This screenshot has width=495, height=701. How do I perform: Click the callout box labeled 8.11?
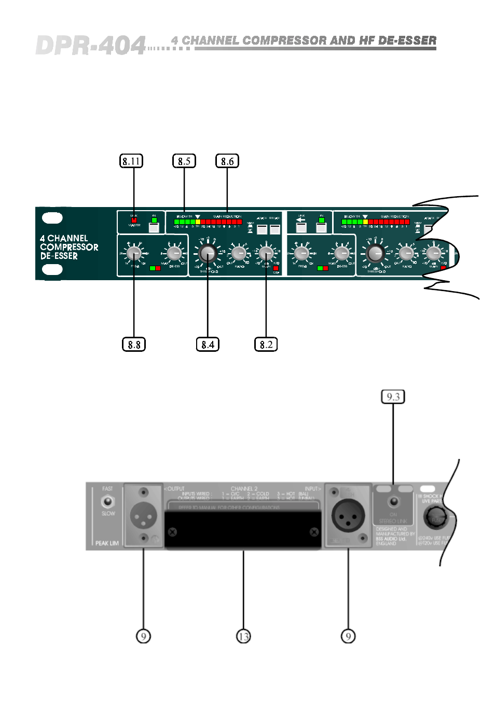[131, 161]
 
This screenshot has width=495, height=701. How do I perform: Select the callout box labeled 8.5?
[184, 161]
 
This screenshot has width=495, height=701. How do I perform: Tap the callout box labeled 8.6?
[227, 161]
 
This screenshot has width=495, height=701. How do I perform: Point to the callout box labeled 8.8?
[134, 345]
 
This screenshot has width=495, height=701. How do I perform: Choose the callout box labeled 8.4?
[208, 345]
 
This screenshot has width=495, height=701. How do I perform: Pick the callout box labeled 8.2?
[266, 345]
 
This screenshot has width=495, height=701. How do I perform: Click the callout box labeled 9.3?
[393, 397]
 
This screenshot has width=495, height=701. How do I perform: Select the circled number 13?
[243, 636]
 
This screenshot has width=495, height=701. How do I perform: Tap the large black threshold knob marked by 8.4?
[207, 253]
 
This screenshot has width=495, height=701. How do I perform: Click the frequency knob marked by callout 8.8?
[134, 253]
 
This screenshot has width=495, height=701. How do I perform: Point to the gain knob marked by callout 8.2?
[266, 253]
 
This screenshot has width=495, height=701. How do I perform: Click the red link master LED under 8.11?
[134, 221]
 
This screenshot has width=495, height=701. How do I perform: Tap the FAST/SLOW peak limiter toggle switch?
[107, 501]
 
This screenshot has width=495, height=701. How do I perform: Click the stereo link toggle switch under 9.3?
[393, 502]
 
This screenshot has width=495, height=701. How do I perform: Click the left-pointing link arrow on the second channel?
[301, 220]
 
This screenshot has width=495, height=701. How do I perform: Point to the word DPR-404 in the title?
[91, 46]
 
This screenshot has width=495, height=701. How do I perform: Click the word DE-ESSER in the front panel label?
[59, 256]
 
